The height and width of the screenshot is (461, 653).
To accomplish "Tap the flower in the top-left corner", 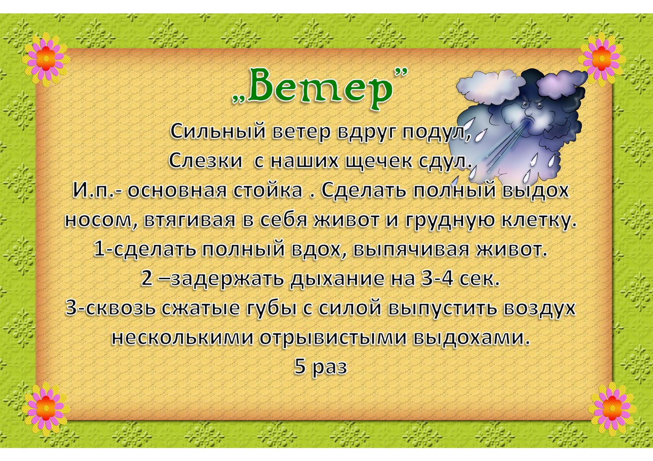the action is point(45,59).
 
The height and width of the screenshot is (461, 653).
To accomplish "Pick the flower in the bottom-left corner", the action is point(45,408).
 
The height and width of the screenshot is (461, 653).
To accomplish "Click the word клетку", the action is point(536,220).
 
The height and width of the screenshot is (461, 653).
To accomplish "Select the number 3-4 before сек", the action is point(437,279).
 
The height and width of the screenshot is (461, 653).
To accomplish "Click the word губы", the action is point(271,309).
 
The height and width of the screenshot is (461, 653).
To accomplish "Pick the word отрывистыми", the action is point(332,338).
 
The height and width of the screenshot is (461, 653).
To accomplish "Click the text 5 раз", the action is point(321,367).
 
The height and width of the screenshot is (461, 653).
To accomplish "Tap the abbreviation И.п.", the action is point(95,190).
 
